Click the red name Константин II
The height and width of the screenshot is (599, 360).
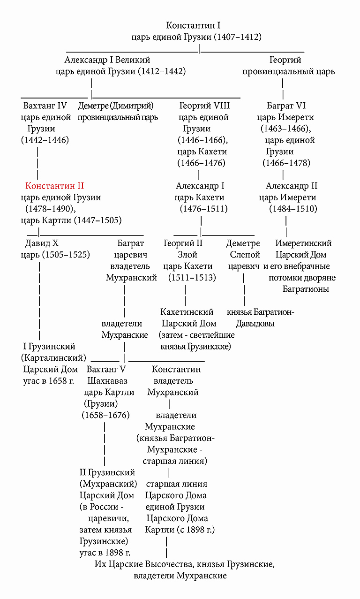(55, 186)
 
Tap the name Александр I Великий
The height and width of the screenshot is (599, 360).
(107, 60)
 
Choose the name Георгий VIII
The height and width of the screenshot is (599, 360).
(205, 106)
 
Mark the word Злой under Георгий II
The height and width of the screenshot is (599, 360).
(187, 255)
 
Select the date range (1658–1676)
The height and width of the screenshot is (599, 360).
(105, 415)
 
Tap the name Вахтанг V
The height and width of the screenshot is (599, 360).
(106, 369)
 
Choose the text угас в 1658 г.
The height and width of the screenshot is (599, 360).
(49, 380)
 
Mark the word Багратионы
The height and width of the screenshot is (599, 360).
(306, 289)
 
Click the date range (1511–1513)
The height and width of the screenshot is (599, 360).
(192, 278)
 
